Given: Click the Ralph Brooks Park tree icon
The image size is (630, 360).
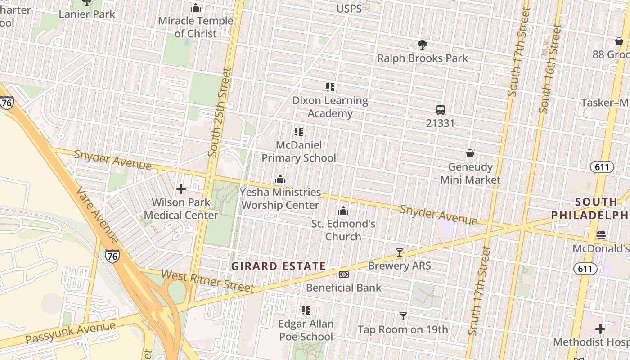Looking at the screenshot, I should click(x=422, y=45).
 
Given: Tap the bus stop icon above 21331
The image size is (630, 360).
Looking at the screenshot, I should click(x=440, y=109).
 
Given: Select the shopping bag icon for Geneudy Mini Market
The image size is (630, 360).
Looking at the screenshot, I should click(x=470, y=153).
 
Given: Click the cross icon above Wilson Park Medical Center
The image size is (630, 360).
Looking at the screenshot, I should click(x=181, y=189).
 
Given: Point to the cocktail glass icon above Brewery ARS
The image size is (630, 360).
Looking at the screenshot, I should click(x=400, y=252).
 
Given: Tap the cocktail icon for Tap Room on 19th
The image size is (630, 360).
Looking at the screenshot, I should click(x=403, y=316).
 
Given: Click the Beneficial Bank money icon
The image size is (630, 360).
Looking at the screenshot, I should click(x=344, y=274).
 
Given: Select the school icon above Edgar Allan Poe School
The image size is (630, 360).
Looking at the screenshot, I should click(x=306, y=310).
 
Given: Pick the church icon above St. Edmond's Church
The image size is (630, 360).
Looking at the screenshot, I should click(x=343, y=211).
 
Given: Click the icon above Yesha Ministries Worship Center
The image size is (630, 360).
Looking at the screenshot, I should click(x=280, y=179).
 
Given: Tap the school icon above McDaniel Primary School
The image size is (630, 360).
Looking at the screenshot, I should click(x=299, y=132).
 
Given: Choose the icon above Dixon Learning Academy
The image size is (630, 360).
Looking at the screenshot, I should click(x=330, y=87).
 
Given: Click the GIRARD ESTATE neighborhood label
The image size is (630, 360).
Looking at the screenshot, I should click(x=279, y=266).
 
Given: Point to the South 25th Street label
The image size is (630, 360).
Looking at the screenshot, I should click(x=220, y=112).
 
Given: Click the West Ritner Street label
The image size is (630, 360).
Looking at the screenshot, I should click(x=208, y=280).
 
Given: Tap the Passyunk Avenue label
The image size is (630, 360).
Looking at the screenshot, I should click(x=71, y=332).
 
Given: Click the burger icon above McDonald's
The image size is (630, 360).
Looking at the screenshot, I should click(x=601, y=235).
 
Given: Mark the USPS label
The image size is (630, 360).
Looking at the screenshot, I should click(x=349, y=9).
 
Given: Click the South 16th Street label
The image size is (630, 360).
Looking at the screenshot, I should click(x=550, y=68).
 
